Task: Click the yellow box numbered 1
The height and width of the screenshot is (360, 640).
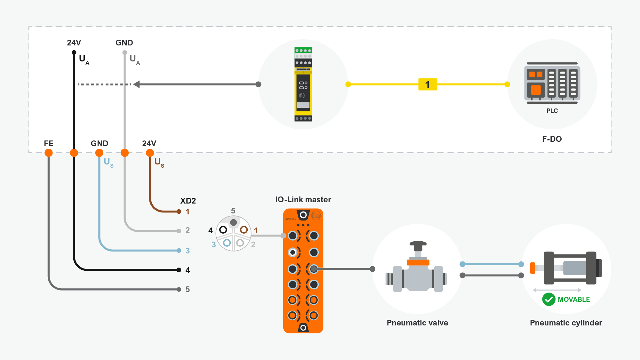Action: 428,84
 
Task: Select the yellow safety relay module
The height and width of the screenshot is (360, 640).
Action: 303,84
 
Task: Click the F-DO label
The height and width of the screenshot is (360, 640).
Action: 552,139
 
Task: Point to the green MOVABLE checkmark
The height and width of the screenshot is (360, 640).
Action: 549,300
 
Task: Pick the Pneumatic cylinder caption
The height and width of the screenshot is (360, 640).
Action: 566,323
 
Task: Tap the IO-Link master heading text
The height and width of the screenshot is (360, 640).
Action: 303,200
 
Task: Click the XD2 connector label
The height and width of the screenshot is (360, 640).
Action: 188,201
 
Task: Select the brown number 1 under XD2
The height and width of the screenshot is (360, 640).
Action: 188,212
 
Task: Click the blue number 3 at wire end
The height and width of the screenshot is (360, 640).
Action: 188,251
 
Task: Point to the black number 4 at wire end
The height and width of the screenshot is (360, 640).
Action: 188,270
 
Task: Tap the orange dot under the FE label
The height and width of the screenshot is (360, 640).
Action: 49,153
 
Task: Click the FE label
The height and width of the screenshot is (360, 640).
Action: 49,143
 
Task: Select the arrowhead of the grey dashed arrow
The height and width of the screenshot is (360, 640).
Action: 137,84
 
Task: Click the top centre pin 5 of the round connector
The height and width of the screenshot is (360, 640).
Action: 234,222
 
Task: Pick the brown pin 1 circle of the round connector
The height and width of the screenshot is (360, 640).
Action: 244,230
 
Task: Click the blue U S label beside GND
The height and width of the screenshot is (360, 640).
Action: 108,162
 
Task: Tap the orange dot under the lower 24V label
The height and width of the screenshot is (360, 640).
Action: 150,153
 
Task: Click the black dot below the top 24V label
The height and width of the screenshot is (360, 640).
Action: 74,52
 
